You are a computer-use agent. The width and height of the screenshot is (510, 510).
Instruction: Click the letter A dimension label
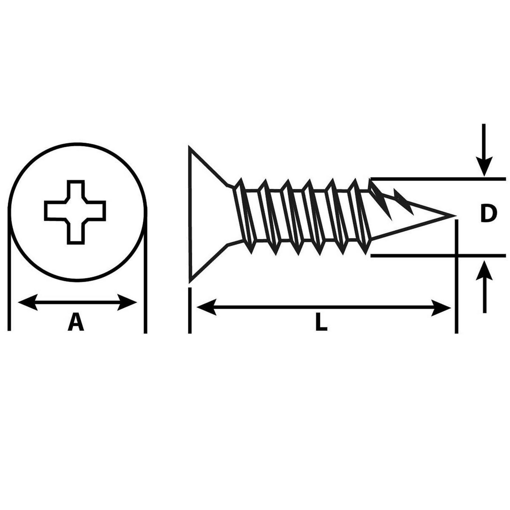(x=76, y=322)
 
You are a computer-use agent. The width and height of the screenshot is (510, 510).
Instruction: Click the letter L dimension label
(x=321, y=322)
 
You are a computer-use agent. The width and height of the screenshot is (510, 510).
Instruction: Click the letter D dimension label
(x=488, y=214)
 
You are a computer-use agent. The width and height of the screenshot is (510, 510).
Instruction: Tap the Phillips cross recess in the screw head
(x=75, y=212)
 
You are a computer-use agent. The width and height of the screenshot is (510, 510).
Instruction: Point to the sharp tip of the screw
(x=455, y=215)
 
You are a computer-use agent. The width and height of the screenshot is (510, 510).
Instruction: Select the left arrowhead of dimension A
(x=28, y=302)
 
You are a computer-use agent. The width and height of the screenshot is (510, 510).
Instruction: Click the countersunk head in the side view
(x=207, y=214)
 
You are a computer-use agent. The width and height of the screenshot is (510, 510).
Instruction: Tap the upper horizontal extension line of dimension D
(x=438, y=178)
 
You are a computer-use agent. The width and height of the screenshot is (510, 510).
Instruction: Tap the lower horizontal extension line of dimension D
(x=438, y=255)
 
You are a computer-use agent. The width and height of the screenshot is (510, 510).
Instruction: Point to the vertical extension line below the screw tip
(x=456, y=276)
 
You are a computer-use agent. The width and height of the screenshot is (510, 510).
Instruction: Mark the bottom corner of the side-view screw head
(x=190, y=282)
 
